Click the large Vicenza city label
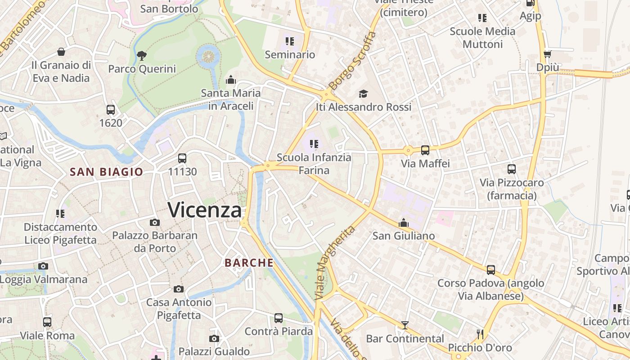click(x=205, y=210)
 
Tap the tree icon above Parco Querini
click(x=142, y=56)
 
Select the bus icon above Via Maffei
click(x=425, y=150)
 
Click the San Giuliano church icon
click(x=404, y=223)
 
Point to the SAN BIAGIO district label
click(x=106, y=171)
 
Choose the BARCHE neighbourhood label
click(x=249, y=263)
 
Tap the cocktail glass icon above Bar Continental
click(x=405, y=325)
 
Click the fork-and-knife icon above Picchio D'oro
click(x=480, y=334)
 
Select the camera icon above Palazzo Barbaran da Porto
click(x=154, y=222)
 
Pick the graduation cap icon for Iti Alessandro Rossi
click(x=363, y=94)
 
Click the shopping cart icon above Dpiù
click(x=547, y=54)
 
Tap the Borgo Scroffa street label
click(x=352, y=61)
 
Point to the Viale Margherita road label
click(x=335, y=263)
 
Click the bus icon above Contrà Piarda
click(x=279, y=318)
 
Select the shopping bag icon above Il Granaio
click(x=61, y=52)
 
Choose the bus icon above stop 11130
click(x=182, y=158)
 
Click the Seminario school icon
click(x=290, y=41)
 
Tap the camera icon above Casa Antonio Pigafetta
click(x=179, y=289)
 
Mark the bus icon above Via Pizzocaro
click(x=512, y=169)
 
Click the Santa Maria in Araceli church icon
click(x=231, y=80)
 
